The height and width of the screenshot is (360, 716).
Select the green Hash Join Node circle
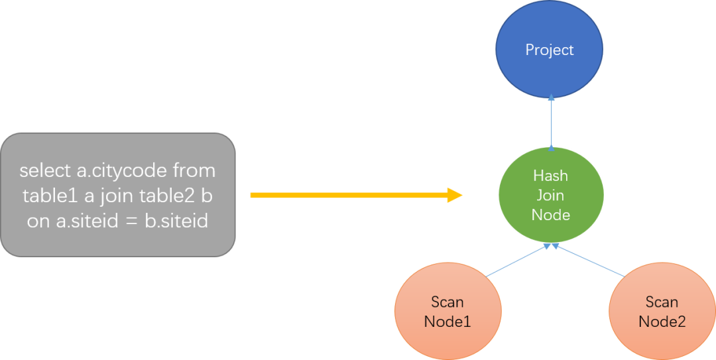pos(551,195)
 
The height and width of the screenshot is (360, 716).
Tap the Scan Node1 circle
pos(447,312)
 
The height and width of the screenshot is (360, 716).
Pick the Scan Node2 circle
pos(662,312)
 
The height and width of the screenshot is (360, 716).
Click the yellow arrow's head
pos(455,195)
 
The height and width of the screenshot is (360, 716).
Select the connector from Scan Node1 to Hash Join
pos(516,260)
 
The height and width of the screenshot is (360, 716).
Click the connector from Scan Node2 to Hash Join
pos(587,260)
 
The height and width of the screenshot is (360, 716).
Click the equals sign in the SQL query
pos(131,221)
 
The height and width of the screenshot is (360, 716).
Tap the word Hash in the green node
pos(551,176)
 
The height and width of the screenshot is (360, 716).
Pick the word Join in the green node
pos(551,196)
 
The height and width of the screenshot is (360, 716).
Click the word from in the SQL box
pos(194,171)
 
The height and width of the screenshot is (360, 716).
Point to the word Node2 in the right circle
pos(662,322)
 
